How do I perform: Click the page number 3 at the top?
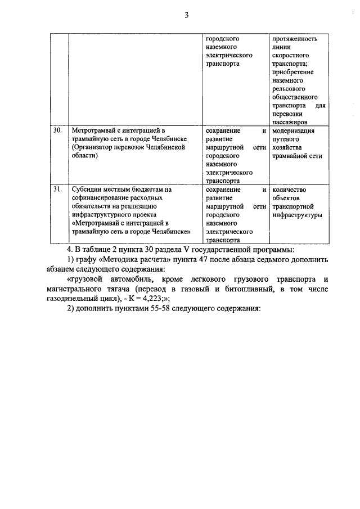point(186,15)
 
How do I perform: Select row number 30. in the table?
point(57,130)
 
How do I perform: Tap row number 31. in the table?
point(57,190)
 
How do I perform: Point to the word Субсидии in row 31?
point(87,190)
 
